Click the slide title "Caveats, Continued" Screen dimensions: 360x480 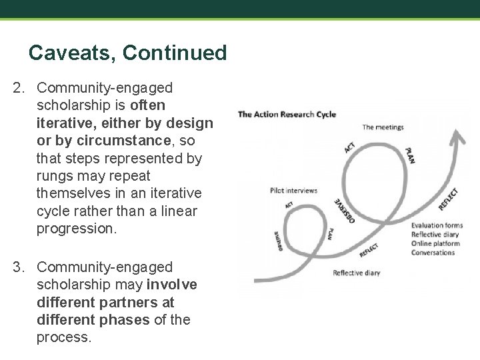pos(127,53)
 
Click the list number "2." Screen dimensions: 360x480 pos(20,88)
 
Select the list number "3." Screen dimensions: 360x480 pos(20,267)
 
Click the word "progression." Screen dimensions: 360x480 pos(76,229)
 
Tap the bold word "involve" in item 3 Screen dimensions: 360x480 pos(172,285)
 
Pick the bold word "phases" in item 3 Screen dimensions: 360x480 pos(125,320)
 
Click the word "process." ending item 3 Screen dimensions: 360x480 pos(64,337)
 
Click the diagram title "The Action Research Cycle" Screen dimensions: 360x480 pos(287,114)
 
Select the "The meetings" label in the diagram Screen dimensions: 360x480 pos(383,127)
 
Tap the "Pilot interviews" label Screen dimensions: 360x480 pos(293,191)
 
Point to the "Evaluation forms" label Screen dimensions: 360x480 pos(437,225)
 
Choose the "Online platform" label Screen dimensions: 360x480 pos(435,243)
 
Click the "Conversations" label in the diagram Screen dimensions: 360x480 pos(433,253)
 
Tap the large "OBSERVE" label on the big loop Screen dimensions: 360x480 pos(345,209)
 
